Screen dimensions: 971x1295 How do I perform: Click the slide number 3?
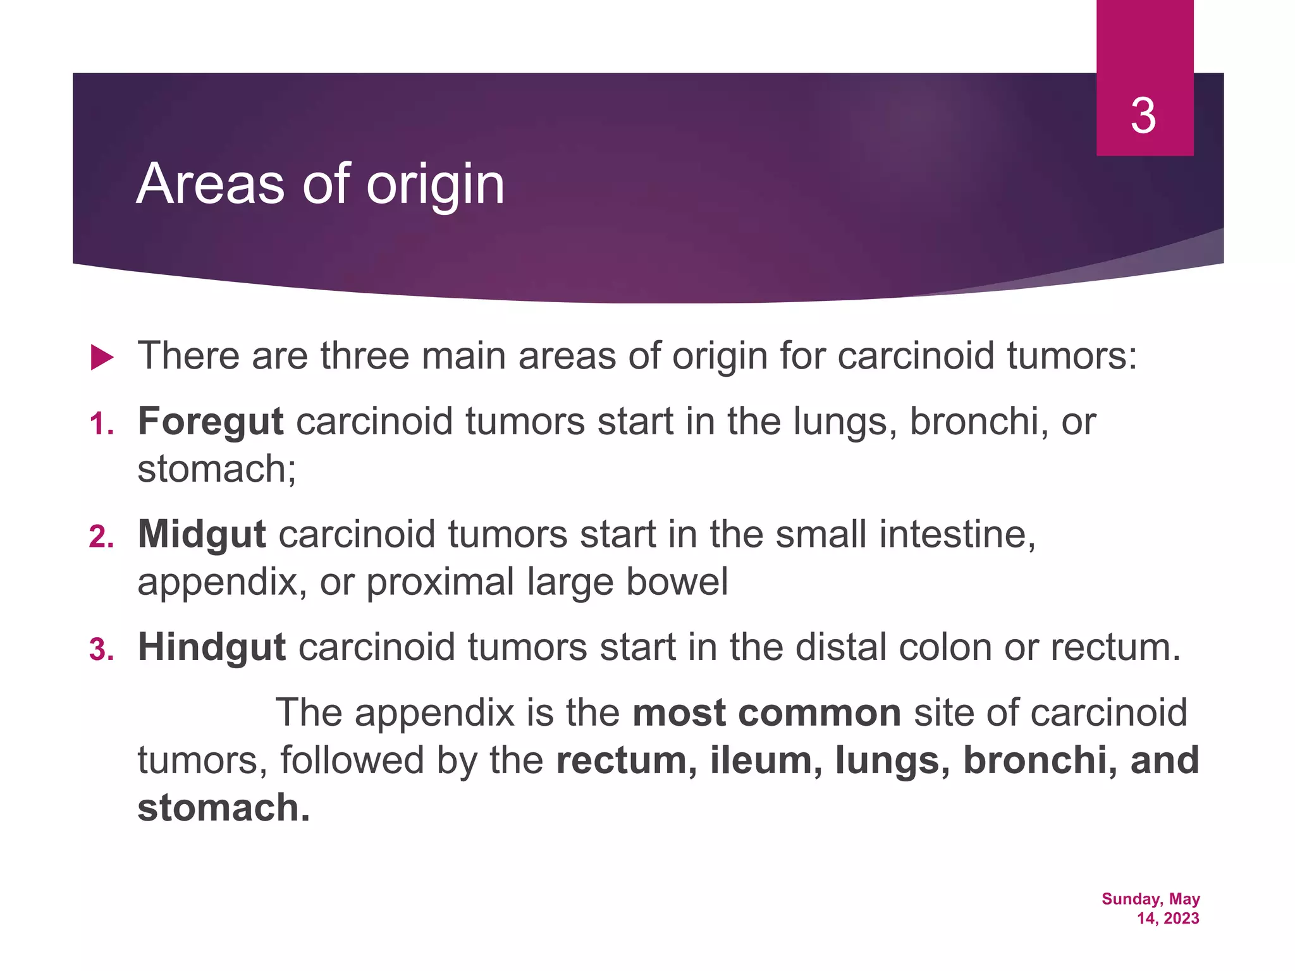pos(1143,117)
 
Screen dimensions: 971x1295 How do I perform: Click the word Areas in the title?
pos(210,184)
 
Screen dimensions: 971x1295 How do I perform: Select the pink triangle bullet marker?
pos(101,357)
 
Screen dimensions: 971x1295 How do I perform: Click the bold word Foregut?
pos(211,422)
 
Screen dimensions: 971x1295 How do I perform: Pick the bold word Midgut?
pos(202,535)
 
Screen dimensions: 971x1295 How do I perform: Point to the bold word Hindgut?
pos(212,648)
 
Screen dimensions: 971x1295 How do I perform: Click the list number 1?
pos(101,424)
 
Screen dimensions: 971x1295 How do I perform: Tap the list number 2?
pos(101,537)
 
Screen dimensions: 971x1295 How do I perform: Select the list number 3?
pos(101,650)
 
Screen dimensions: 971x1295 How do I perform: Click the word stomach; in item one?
pos(217,469)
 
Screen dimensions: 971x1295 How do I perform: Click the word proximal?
pos(440,582)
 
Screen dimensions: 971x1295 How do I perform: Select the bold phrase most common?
pos(766,713)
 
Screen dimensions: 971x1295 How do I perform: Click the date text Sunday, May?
pos(1150,899)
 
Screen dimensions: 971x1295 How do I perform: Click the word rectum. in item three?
pos(1115,648)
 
